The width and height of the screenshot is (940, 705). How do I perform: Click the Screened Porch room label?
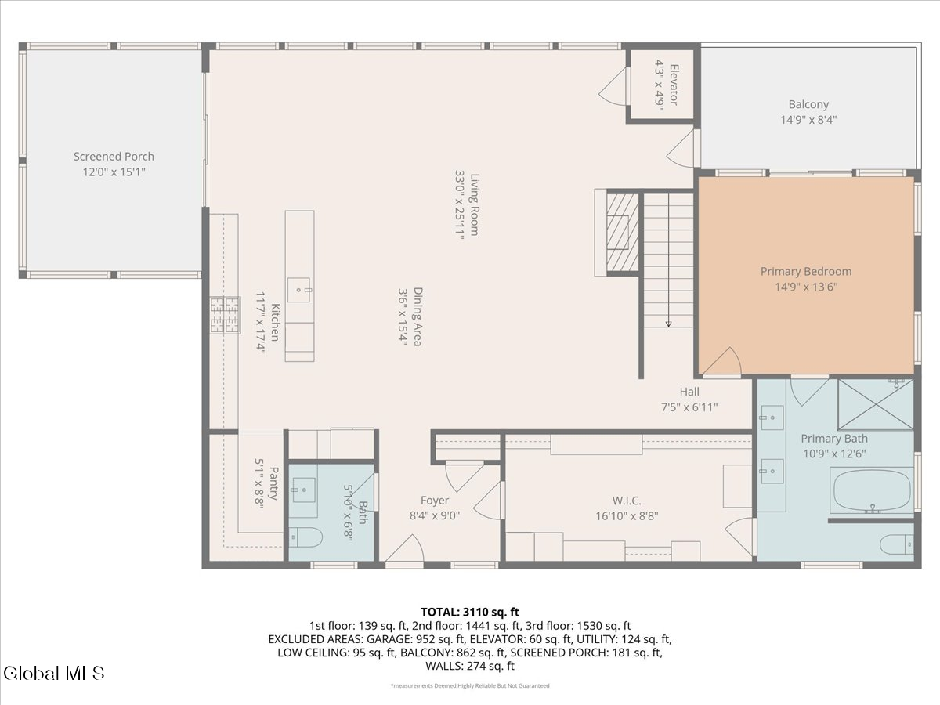point(114,157)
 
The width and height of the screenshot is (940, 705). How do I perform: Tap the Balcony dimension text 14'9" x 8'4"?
point(808,120)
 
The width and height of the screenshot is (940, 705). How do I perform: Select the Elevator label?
point(674,85)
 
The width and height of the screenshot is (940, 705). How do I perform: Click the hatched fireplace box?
point(623,233)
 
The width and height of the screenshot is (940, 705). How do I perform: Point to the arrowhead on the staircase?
point(668,324)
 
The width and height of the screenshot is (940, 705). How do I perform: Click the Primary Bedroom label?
point(806,271)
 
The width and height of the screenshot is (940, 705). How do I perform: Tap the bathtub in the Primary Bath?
point(872,490)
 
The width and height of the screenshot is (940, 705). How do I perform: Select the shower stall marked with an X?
point(875,404)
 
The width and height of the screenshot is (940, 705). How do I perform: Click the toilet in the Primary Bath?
point(897,544)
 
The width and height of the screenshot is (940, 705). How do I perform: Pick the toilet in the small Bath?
point(305,537)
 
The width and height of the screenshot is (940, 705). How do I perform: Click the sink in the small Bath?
point(304,490)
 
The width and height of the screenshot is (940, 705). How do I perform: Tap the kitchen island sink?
point(299,290)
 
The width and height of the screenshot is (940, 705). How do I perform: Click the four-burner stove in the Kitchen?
point(226,315)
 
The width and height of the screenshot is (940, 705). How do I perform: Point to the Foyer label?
point(435,500)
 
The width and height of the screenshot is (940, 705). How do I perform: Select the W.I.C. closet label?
point(627,501)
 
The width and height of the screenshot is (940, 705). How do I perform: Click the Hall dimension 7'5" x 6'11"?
point(689,407)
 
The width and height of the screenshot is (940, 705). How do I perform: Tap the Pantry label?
point(273,483)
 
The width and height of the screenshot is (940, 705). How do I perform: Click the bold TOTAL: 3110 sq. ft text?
point(470,612)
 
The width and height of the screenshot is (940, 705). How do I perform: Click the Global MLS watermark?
point(53,674)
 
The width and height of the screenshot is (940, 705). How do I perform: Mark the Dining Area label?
point(418,316)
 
